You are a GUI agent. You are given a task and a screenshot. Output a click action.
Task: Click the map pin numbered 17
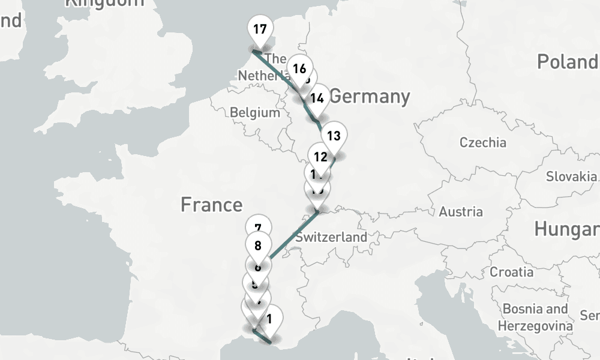pyautogui.click(x=260, y=30)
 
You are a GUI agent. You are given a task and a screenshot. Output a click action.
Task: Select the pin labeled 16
pyautogui.click(x=299, y=68)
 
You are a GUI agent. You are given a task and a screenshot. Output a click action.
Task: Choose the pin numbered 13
pyautogui.click(x=334, y=136)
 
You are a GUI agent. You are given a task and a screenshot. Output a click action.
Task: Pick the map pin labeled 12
pyautogui.click(x=320, y=157)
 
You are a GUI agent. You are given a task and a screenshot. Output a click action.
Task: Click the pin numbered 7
pyautogui.click(x=258, y=228)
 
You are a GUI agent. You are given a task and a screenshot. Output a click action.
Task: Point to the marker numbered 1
pyautogui.click(x=269, y=319)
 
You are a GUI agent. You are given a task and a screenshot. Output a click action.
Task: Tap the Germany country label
pyautogui.click(x=370, y=96)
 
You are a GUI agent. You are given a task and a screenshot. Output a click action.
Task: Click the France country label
pyautogui.click(x=211, y=205)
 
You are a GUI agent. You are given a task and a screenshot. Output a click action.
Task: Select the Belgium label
pyautogui.click(x=254, y=112)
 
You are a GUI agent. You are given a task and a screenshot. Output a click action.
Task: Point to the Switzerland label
pyautogui.click(x=331, y=237)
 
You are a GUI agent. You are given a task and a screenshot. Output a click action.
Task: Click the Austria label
pyautogui.click(x=461, y=211)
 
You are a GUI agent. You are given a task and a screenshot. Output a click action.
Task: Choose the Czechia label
pyautogui.click(x=482, y=143)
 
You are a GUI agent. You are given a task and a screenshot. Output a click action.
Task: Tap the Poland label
pyautogui.click(x=567, y=62)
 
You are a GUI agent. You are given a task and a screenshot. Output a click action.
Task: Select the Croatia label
pyautogui.click(x=511, y=272)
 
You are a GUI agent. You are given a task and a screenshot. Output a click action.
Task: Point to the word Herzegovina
pyautogui.click(x=536, y=326)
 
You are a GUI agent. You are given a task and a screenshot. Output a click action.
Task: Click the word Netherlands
pyautogui.click(x=262, y=76)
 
